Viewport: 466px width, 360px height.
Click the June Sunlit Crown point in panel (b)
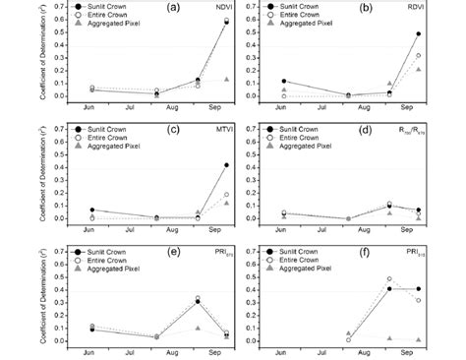(x=283, y=82)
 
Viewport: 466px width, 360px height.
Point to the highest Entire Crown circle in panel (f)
(x=389, y=279)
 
